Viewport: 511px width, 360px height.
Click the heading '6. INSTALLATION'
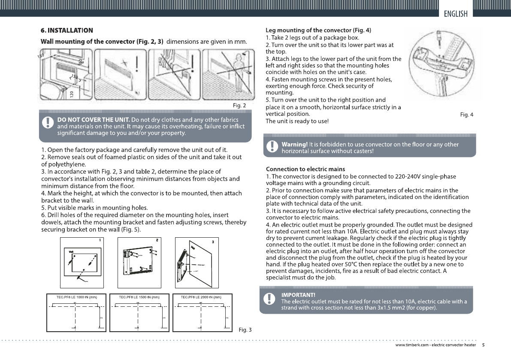click(67, 30)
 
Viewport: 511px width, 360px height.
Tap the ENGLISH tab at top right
click(455, 14)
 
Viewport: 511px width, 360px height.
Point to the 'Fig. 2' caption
click(239, 105)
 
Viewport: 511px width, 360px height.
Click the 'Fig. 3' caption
click(245, 330)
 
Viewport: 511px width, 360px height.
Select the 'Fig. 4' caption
click(466, 115)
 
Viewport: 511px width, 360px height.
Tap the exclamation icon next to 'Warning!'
click(271, 147)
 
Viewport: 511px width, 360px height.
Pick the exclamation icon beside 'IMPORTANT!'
click(269, 299)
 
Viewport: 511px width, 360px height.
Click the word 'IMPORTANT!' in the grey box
click(298, 295)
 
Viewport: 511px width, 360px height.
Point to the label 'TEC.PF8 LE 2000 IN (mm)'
click(202, 296)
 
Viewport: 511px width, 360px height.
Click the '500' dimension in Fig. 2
click(64, 90)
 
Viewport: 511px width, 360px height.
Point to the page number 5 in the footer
click(483, 345)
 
